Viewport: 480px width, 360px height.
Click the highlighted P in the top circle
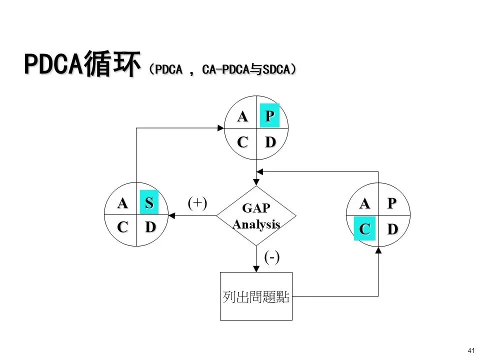pos(269,116)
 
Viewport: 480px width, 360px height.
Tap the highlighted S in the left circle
pos(149,203)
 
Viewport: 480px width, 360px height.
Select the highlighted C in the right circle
pos(364,229)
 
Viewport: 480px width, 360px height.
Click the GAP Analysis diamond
pos(256,216)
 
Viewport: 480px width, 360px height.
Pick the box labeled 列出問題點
pos(256,296)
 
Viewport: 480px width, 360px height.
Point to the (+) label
pos(197,202)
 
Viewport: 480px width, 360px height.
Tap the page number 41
pos(470,349)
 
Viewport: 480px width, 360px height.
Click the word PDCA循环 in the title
pos(80,65)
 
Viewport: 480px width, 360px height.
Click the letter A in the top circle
pos(242,116)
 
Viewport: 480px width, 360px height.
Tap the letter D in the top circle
pos(270,142)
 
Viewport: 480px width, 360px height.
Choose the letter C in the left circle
pos(122,227)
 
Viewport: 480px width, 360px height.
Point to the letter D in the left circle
pos(149,227)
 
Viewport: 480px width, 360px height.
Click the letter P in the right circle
pos(392,203)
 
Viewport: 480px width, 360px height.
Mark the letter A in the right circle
pos(365,203)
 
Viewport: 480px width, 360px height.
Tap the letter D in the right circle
pos(392,229)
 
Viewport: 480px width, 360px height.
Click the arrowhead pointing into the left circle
pos(171,216)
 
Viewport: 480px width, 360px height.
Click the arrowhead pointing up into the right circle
pos(378,249)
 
